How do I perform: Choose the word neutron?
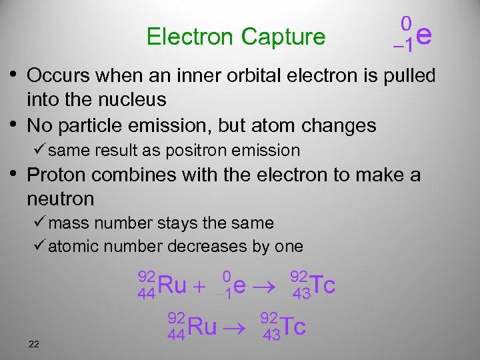point(61,199)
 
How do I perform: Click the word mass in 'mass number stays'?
point(65,223)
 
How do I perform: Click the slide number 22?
point(34,344)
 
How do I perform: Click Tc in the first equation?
point(323,285)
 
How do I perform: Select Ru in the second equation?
point(203,327)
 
